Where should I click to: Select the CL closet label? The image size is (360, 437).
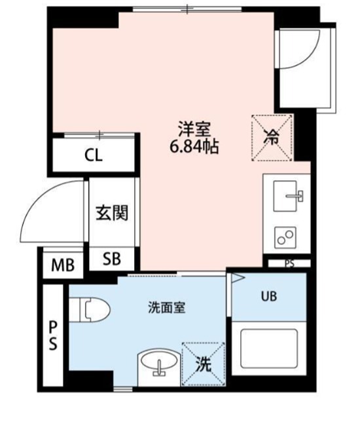(x=94, y=156)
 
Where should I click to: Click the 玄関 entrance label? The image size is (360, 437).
(x=112, y=213)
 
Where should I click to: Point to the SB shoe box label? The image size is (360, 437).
(x=112, y=259)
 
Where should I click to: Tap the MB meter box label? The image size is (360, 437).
(x=63, y=265)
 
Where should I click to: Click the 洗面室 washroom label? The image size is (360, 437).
(x=166, y=307)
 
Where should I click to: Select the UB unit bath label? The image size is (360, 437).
(x=269, y=296)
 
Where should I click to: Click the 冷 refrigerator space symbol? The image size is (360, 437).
(x=271, y=138)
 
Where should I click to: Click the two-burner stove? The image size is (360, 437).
(x=285, y=237)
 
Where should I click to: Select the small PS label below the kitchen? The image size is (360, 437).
(x=289, y=263)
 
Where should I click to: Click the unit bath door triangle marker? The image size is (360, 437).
(x=237, y=278)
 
